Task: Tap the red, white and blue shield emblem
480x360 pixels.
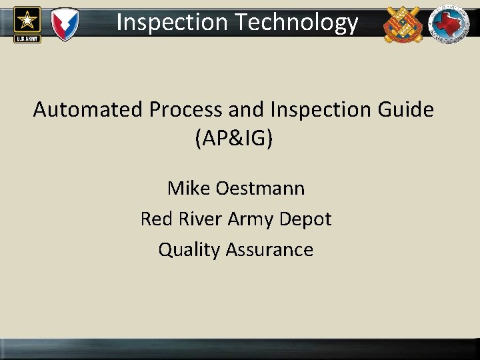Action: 65,23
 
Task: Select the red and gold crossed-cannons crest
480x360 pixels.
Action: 403,24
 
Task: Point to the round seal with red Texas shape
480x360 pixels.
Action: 448,24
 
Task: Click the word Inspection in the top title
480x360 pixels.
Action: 172,23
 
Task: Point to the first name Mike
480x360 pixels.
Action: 189,188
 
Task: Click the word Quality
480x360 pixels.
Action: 189,249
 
